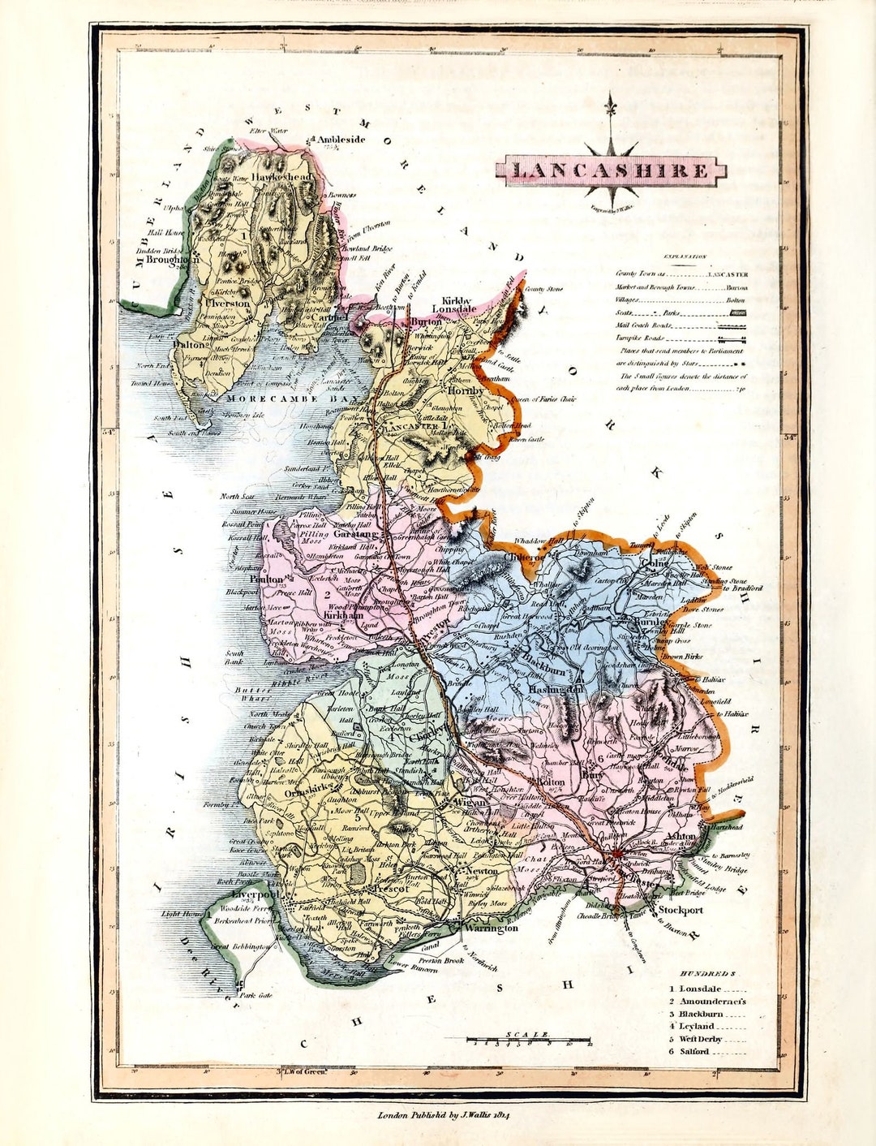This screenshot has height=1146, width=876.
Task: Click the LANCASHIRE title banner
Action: (x=611, y=170)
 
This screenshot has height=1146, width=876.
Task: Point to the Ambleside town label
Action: (x=340, y=139)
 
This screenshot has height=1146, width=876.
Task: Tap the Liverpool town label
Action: (x=255, y=894)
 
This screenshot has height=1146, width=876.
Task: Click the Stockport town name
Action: (x=680, y=910)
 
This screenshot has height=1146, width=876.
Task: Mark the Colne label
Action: (x=655, y=563)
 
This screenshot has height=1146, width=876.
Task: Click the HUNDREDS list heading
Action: (x=708, y=972)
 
